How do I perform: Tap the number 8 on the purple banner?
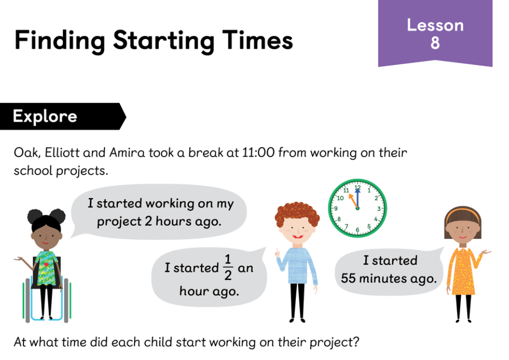pyautogui.click(x=435, y=43)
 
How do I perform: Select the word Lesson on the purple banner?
pyautogui.click(x=435, y=25)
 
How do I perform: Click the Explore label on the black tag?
pyautogui.click(x=45, y=117)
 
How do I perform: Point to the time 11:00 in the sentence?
pyautogui.click(x=258, y=153)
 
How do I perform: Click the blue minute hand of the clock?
pyautogui.click(x=357, y=198)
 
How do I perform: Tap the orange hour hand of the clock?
pyautogui.click(x=353, y=201)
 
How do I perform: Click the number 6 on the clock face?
pyautogui.click(x=357, y=230)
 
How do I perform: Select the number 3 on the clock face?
pyautogui.click(x=379, y=209)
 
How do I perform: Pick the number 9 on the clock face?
pyautogui.click(x=336, y=208)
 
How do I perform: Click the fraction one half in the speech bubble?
pyautogui.click(x=228, y=267)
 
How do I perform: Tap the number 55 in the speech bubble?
pyautogui.click(x=349, y=278)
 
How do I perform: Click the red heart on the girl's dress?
pyautogui.click(x=46, y=265)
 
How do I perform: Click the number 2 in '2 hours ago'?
pyautogui.click(x=148, y=221)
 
